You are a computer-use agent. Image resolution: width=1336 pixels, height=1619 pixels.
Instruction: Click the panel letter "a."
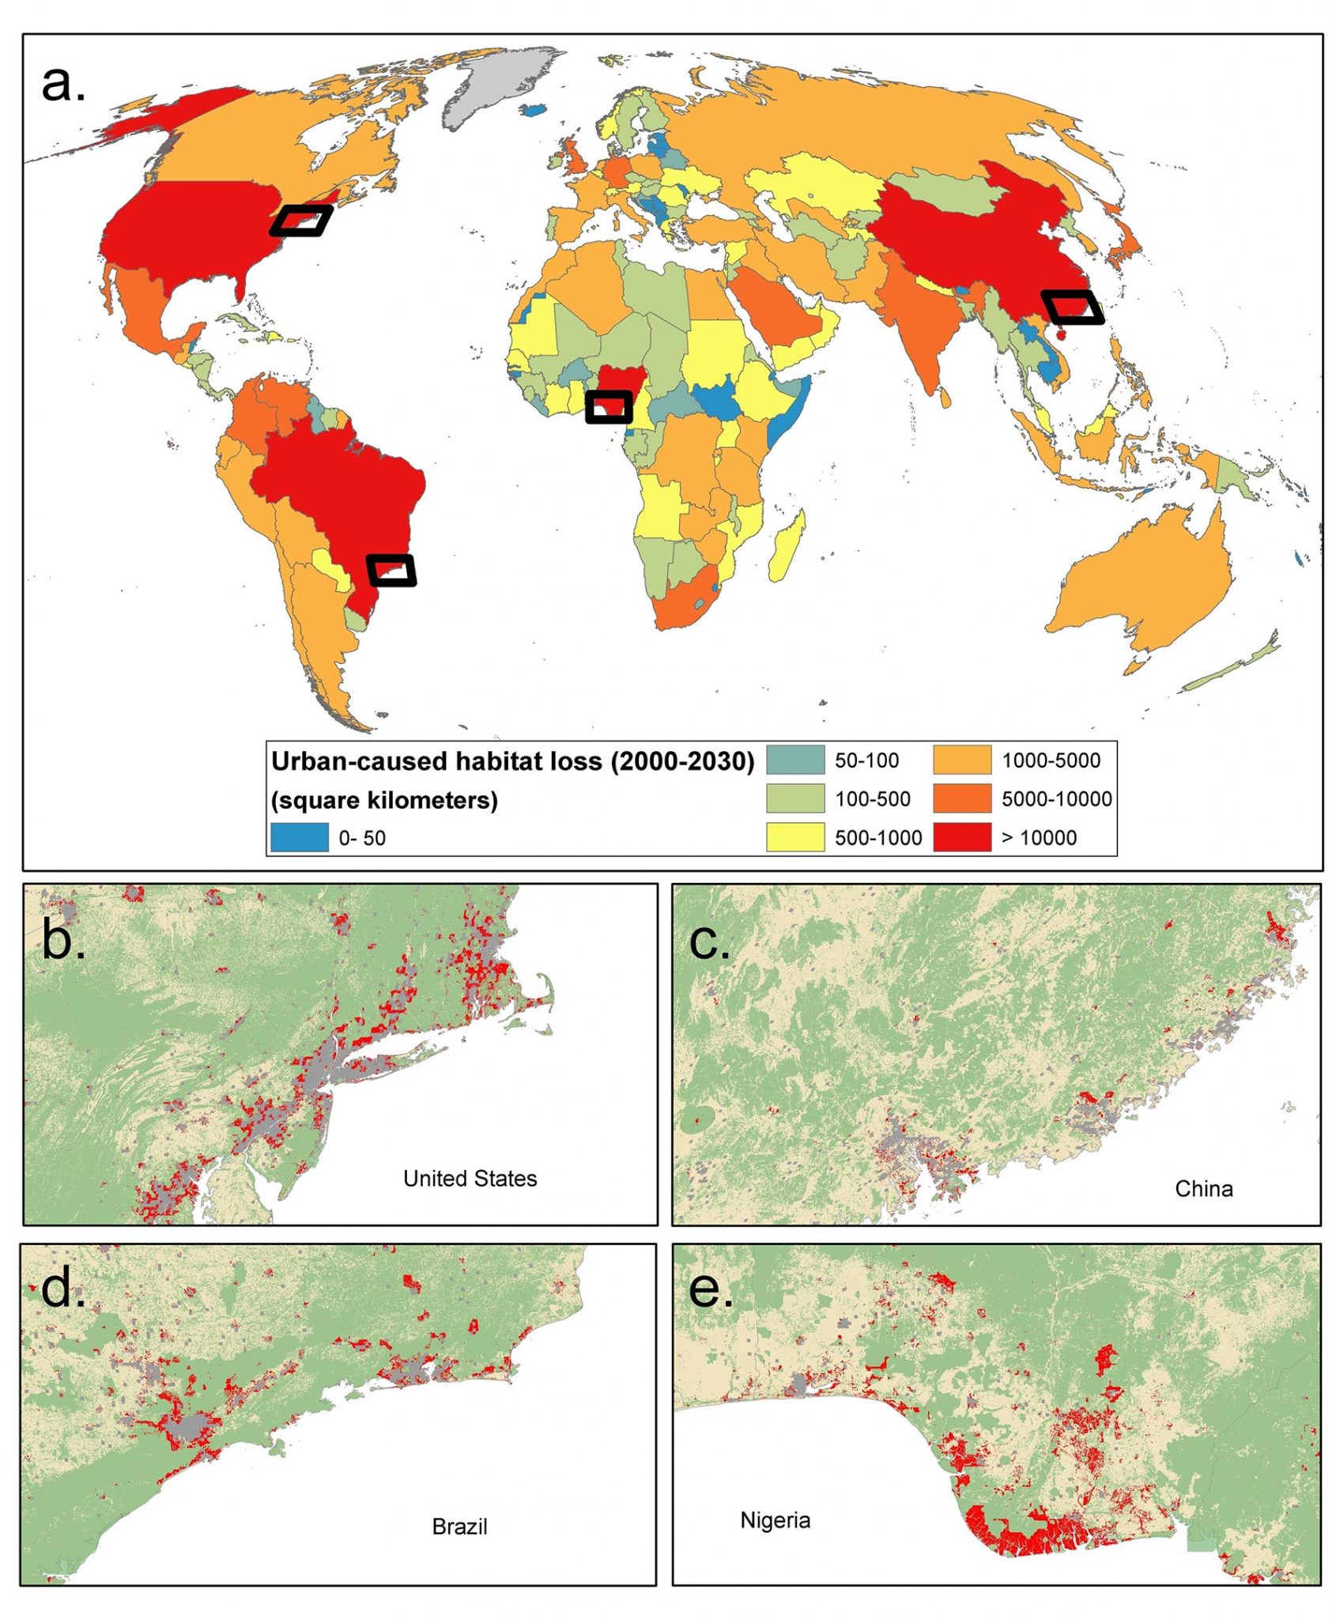pos(63,83)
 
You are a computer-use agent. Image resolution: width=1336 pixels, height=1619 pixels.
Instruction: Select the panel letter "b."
pos(63,939)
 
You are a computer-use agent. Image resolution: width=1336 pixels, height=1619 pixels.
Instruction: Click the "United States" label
pos(470,1179)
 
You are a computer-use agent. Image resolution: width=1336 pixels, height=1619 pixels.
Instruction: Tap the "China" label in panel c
pos(1203,1189)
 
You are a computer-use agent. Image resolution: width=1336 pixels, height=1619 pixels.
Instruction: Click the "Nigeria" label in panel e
pos(775,1520)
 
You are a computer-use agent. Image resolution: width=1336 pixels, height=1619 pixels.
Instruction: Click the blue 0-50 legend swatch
pos(300,837)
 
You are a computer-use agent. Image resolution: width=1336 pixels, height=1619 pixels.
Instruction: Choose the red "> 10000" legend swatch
pos(961,837)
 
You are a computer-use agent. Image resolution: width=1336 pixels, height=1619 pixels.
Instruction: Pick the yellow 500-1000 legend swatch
pos(794,837)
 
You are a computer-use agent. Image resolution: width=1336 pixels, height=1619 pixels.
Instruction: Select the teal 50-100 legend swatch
pos(794,760)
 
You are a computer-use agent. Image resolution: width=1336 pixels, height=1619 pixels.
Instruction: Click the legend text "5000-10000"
pos(1056,799)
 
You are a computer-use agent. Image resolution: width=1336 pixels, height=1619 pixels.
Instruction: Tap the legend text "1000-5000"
pos(1051,760)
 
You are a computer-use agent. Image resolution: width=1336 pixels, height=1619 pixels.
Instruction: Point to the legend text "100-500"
pos(873,799)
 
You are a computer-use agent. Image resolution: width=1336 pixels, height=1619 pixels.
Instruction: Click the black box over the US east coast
pos(301,221)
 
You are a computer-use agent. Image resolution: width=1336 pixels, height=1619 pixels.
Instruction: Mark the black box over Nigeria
pos(609,407)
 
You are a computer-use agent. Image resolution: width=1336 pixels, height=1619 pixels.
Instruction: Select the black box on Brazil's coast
pos(391,570)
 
